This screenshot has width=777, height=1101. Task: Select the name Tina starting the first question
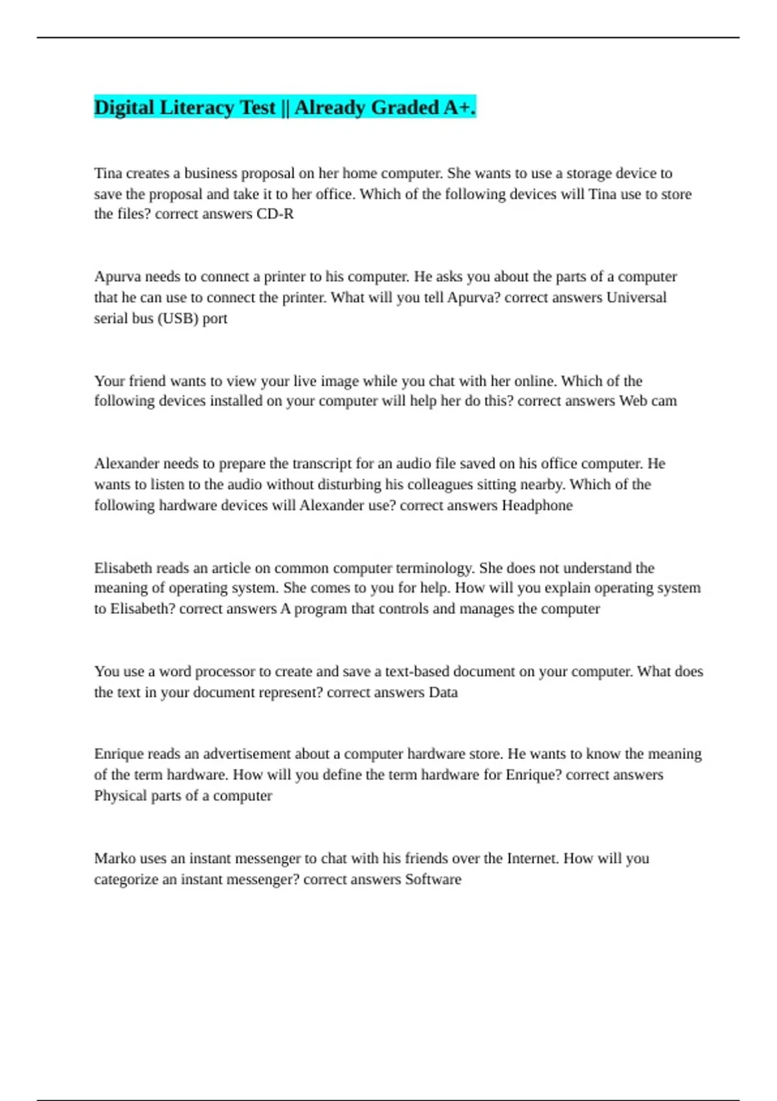(x=108, y=173)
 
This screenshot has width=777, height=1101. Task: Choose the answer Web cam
(x=647, y=401)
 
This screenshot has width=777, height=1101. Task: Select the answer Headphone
(x=537, y=505)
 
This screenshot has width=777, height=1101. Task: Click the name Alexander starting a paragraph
(x=126, y=464)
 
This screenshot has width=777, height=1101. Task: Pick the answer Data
(x=443, y=692)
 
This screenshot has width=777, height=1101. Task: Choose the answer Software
(x=433, y=880)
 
